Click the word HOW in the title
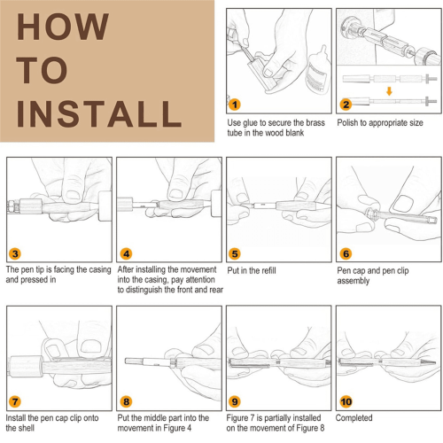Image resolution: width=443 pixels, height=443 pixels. (x=63, y=27)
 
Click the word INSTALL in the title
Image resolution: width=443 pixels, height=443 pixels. (x=99, y=113)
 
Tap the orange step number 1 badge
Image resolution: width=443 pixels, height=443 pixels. (x=235, y=105)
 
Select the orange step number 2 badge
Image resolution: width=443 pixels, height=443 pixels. (x=346, y=105)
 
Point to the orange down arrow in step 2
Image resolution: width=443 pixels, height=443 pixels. (x=389, y=91)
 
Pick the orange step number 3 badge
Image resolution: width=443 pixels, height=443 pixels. (x=15, y=253)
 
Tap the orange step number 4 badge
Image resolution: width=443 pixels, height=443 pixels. (x=126, y=253)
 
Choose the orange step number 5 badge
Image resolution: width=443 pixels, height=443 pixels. (x=235, y=253)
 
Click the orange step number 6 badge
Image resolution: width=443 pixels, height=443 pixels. (x=346, y=253)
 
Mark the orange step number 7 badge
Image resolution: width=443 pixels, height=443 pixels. (x=15, y=401)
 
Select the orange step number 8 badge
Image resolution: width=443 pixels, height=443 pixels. (x=126, y=401)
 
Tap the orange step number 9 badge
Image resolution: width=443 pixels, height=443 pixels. (x=235, y=401)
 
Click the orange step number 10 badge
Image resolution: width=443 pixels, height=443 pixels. (x=346, y=401)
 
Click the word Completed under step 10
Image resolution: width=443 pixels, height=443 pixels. (x=354, y=418)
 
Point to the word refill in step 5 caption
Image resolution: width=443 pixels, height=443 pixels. (x=267, y=270)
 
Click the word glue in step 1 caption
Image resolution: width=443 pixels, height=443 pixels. (x=251, y=123)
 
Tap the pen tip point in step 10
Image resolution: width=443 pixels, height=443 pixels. (x=435, y=362)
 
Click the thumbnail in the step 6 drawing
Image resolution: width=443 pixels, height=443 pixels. (x=403, y=203)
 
